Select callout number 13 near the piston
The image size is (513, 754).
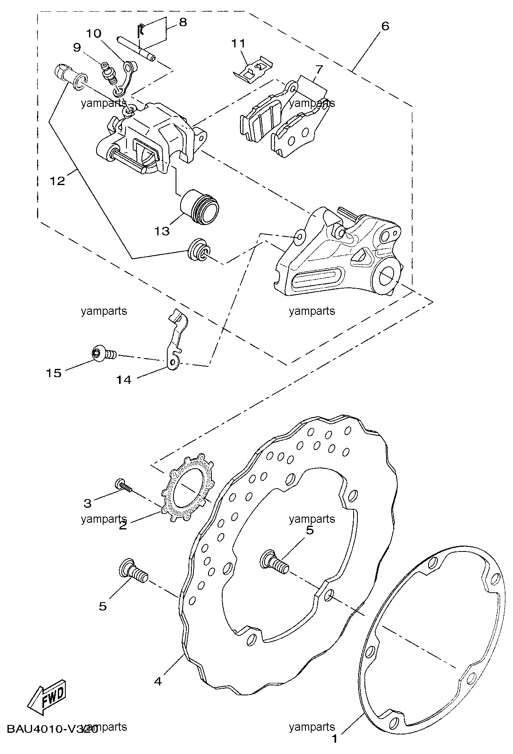[162, 231]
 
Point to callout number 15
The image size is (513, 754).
[54, 373]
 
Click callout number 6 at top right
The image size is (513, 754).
[385, 26]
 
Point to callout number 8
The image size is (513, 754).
[183, 22]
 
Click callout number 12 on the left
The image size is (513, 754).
[57, 181]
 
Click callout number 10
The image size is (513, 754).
[94, 33]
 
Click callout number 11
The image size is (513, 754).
[239, 43]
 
